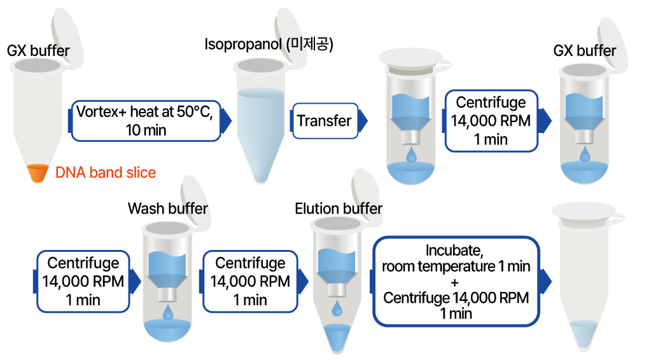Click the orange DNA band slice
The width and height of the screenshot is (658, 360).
pyautogui.click(x=38, y=174)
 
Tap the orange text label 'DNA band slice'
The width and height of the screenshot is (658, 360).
pyautogui.click(x=105, y=172)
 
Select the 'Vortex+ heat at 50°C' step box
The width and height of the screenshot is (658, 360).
pyautogui.click(x=144, y=120)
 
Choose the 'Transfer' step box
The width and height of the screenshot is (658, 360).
pyautogui.click(x=325, y=120)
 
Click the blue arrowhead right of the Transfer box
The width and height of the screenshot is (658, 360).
pyautogui.click(x=363, y=120)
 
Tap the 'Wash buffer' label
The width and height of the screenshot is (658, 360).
pyautogui.click(x=167, y=209)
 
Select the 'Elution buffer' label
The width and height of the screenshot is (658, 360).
pyautogui.click(x=339, y=209)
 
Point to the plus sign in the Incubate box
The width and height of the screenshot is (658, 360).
pyautogui.click(x=454, y=282)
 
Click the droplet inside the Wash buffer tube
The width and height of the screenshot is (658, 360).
pyautogui.click(x=168, y=312)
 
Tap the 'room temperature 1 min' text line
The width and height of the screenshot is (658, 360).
pyautogui.click(x=456, y=267)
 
